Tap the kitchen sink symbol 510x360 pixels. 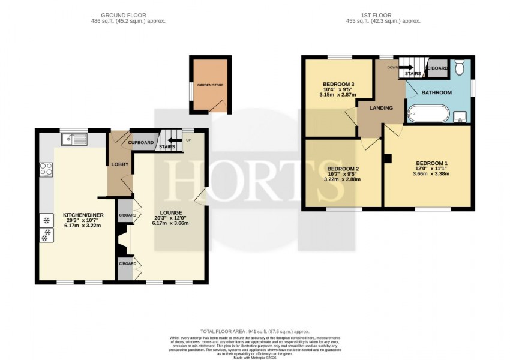point(74,140)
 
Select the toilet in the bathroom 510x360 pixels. point(460,68)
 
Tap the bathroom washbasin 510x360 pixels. point(461,116)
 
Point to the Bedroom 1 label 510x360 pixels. point(432,163)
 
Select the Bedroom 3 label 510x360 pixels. point(339,84)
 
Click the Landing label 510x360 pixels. point(381,109)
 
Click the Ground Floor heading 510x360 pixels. point(124,14)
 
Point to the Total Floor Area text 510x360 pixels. point(255,331)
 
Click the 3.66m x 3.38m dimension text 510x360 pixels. point(432,174)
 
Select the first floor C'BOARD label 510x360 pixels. point(436,68)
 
